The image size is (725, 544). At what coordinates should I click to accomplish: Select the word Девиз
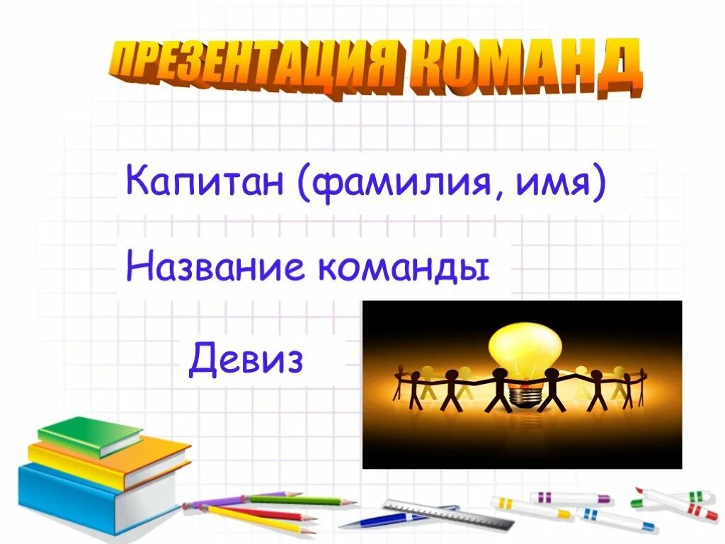(246, 360)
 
